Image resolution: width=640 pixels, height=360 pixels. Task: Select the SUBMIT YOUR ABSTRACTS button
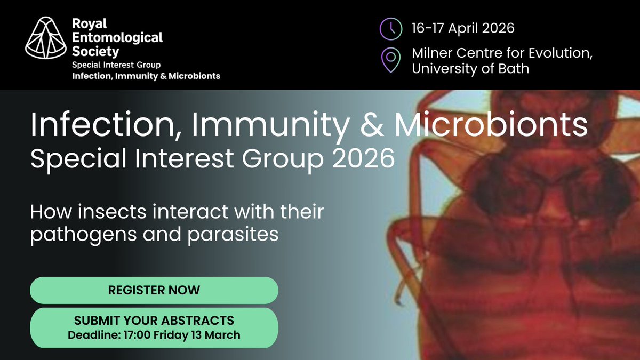[x=154, y=327]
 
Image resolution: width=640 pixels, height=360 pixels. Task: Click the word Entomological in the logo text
[x=117, y=38]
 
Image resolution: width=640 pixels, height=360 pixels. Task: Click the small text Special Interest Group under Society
[x=112, y=65]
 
